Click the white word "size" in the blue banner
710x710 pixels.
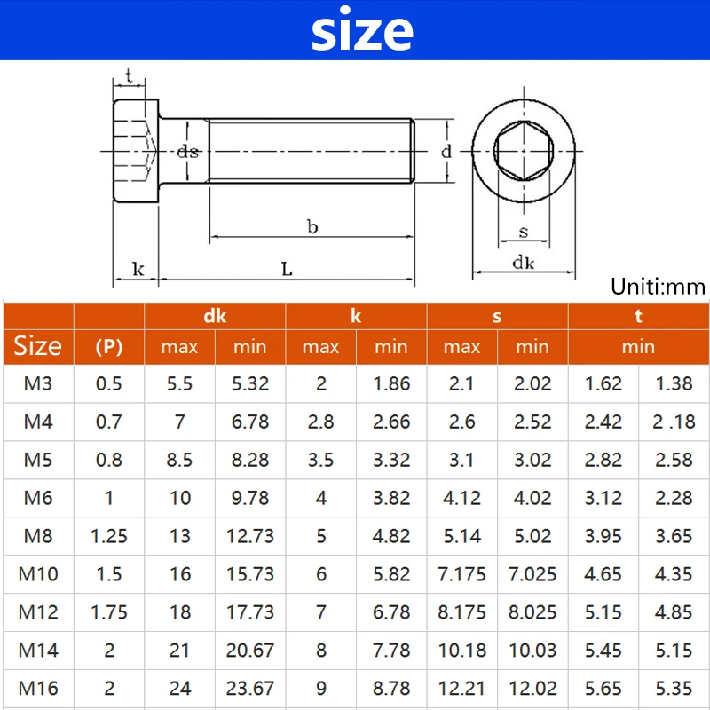(x=362, y=31)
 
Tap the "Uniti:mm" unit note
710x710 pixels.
(x=658, y=286)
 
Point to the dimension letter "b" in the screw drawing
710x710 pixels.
(x=312, y=227)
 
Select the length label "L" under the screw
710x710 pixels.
(x=287, y=269)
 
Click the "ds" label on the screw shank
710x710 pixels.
(x=187, y=151)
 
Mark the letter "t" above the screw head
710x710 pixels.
(x=130, y=77)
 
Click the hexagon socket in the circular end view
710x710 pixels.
(x=523, y=152)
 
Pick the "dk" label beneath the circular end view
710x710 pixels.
(x=523, y=262)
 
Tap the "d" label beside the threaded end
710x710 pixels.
(x=446, y=151)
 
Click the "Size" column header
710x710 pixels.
(x=38, y=346)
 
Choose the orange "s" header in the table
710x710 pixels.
(x=497, y=316)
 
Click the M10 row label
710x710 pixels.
(x=38, y=574)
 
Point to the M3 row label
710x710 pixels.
(x=38, y=383)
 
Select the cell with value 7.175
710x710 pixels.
(x=461, y=574)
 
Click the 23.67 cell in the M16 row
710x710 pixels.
(x=250, y=689)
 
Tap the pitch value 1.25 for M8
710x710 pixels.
(x=109, y=536)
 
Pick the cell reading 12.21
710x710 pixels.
(x=461, y=689)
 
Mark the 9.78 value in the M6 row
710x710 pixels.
(x=250, y=498)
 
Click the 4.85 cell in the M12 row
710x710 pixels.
(x=674, y=612)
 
